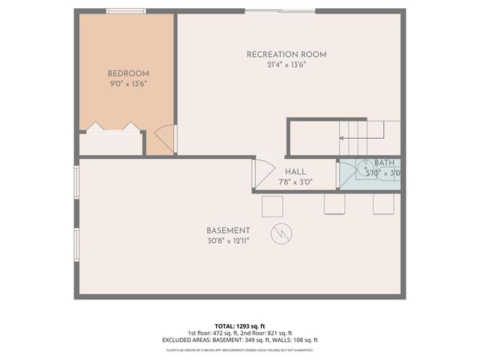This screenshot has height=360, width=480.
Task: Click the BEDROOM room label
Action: (x=128, y=73)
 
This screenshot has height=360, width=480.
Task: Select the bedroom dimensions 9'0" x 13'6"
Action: (x=128, y=84)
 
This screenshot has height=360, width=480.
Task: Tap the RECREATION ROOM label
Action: (x=286, y=55)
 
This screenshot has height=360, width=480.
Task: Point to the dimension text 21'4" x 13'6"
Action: (x=286, y=65)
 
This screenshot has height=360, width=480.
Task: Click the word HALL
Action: (x=295, y=172)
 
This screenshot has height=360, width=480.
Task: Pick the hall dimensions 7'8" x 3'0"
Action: (x=295, y=181)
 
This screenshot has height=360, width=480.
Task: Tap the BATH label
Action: (x=384, y=163)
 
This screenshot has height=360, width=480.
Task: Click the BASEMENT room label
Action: (x=228, y=230)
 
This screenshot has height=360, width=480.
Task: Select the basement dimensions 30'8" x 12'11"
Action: (x=228, y=241)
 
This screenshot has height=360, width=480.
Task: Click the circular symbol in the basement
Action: (x=281, y=233)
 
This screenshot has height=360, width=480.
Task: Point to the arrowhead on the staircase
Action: (x=342, y=138)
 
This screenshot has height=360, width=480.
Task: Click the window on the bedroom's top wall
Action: (x=126, y=11)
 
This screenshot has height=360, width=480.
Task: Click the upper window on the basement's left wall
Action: (x=76, y=183)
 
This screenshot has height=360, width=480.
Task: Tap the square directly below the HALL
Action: (x=272, y=206)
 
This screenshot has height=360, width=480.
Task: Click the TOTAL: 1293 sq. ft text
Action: (x=240, y=325)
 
